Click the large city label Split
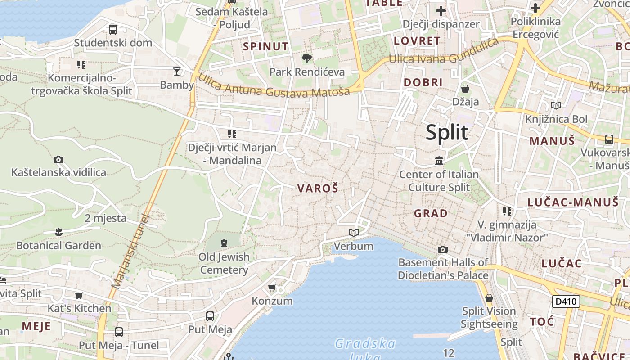point(447,133)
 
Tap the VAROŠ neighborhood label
point(317,189)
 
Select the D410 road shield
point(566,301)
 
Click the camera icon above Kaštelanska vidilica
point(58,159)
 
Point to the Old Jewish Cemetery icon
point(224,243)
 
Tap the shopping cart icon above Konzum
point(272,288)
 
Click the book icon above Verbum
point(354,233)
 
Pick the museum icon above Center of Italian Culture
point(439,161)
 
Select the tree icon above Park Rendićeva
point(307,58)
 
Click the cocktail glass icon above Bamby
point(177,71)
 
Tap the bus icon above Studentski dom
point(113,30)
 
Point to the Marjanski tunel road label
point(130,251)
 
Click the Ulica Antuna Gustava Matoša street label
point(274,86)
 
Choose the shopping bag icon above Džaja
point(465,89)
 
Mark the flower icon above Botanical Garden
point(58,232)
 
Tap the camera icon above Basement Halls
point(443,249)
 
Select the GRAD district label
point(431,213)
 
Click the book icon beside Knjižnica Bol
point(556,106)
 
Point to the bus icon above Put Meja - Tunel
point(119,332)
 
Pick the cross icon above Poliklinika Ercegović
point(535,8)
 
